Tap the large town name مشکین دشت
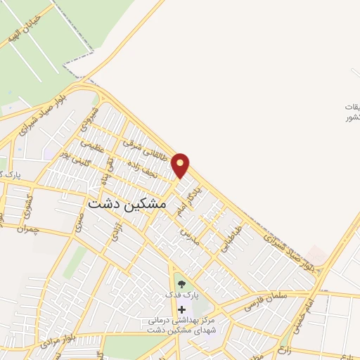tap(127, 202)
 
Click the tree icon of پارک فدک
tap(182, 284)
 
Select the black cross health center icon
tap(182, 309)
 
